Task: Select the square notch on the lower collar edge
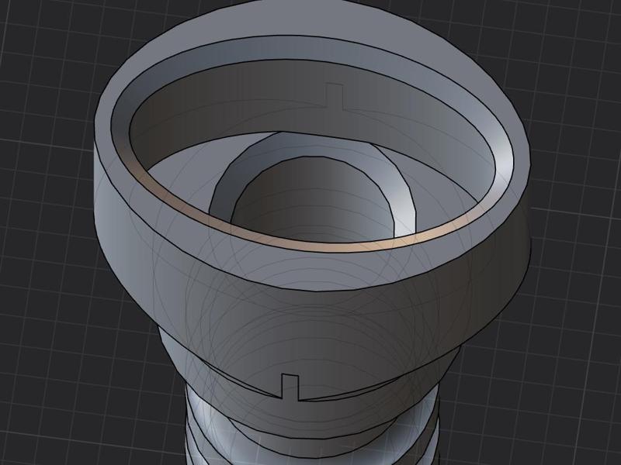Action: tap(290, 386)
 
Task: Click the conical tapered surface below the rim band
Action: tap(310, 310)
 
